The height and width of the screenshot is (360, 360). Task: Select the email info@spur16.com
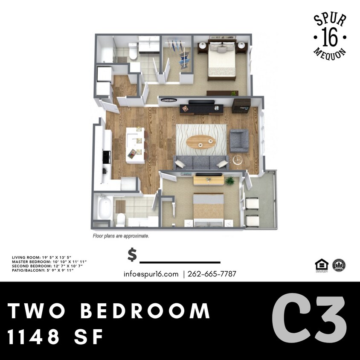tap(151, 274)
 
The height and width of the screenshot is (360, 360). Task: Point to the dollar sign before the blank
tap(132, 255)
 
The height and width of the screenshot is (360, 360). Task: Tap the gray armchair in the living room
tap(239, 141)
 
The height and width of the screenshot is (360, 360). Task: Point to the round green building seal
tap(339, 265)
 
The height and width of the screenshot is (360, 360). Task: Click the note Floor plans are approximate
tap(121, 235)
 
